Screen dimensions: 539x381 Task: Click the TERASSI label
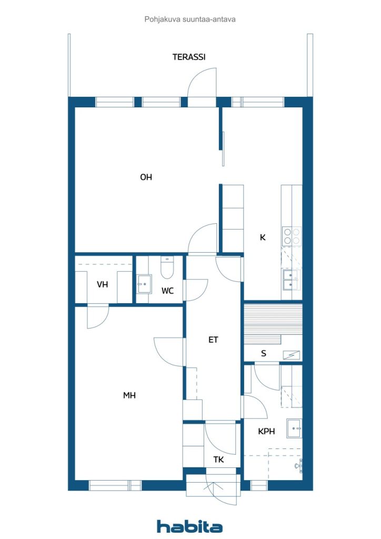(x=189, y=57)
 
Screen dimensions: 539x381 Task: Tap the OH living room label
(x=146, y=177)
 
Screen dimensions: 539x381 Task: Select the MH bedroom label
(x=129, y=395)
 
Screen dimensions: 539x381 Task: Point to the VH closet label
(x=102, y=284)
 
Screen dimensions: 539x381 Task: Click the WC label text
(x=167, y=291)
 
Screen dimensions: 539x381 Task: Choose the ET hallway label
(x=213, y=340)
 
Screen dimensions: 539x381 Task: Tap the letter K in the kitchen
(x=263, y=237)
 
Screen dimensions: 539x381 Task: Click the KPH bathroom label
(x=267, y=432)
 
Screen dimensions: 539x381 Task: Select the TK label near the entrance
(x=218, y=460)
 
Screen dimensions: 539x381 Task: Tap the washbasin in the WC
(x=144, y=284)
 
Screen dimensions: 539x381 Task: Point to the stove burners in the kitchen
(x=292, y=235)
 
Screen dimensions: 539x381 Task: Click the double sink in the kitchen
(x=291, y=280)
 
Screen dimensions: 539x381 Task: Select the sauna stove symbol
(x=291, y=355)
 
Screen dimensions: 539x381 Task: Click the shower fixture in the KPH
(x=298, y=465)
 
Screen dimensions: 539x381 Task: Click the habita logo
(x=189, y=526)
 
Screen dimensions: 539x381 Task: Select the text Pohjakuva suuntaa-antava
(x=190, y=19)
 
